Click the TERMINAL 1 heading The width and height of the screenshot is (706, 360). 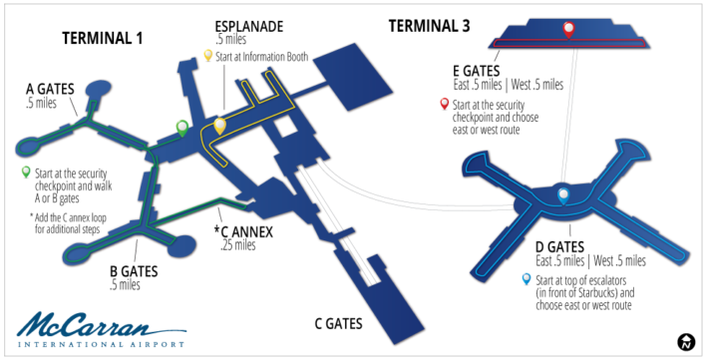tap(103, 39)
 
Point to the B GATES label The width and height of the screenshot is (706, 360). tap(138, 270)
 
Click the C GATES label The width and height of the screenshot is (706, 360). tap(338, 324)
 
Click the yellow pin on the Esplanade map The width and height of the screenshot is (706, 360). tap(220, 126)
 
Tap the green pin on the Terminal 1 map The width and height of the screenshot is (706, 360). tap(181, 127)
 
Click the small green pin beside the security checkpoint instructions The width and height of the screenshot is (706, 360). tap(25, 173)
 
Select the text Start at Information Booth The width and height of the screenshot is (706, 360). tap(269, 58)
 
